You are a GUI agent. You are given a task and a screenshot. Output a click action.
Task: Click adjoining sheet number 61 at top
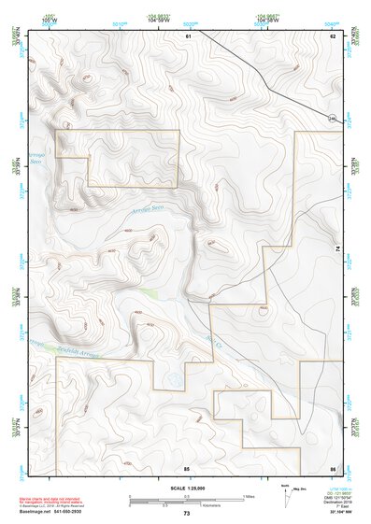tap(188, 35)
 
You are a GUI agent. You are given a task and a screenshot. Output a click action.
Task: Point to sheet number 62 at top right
tap(332, 35)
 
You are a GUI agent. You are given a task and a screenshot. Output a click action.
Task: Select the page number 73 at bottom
tap(187, 513)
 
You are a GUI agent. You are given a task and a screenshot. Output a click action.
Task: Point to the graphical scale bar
tap(186, 499)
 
